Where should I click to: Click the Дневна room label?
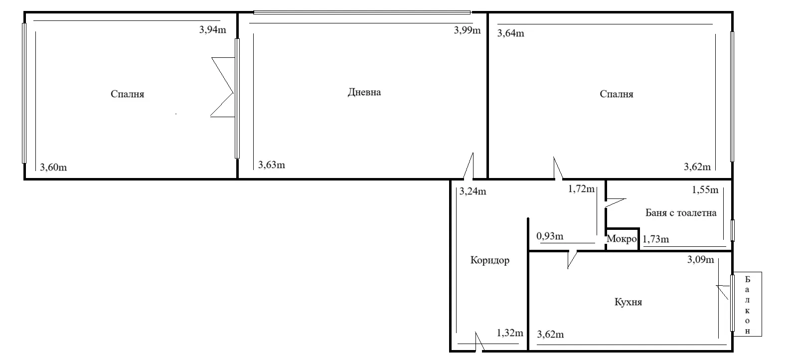364,92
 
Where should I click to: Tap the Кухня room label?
628,302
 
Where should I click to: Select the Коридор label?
490,260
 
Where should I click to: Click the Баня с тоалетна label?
681,213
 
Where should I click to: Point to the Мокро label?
622,239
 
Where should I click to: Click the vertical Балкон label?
747,305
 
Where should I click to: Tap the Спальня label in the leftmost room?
127,94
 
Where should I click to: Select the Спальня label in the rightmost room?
617,94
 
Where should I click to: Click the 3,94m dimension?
212,29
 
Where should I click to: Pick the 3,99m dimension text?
467,30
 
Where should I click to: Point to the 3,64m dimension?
511,33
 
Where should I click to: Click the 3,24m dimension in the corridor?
473,191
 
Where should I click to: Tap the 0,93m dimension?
550,236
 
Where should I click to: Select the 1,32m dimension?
510,333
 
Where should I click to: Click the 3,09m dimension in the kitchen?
700,259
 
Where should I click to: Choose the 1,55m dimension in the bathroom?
705,189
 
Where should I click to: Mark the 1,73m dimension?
656,239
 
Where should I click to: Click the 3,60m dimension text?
53,167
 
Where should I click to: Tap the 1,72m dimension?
582,189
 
